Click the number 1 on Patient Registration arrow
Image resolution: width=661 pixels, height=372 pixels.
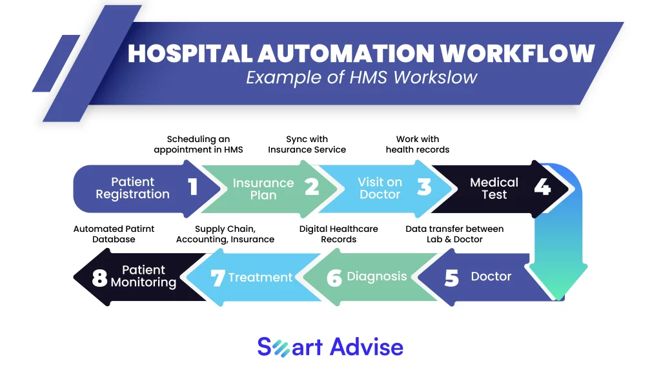pyautogui.click(x=193, y=187)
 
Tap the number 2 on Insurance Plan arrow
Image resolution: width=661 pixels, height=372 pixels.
pyautogui.click(x=312, y=187)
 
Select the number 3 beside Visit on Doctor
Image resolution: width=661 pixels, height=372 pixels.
pyautogui.click(x=424, y=187)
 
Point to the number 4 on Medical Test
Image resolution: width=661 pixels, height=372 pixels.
pyautogui.click(x=542, y=187)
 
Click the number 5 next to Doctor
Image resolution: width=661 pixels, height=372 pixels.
pyautogui.click(x=451, y=278)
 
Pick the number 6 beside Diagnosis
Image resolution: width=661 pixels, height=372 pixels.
pyautogui.click(x=334, y=278)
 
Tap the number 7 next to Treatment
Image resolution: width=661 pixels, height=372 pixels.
pyautogui.click(x=218, y=278)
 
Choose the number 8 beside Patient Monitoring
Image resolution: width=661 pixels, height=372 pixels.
pyautogui.click(x=99, y=278)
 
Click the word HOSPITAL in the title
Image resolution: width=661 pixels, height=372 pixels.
pyautogui.click(x=190, y=54)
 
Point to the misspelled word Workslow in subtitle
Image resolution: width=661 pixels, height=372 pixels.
pyautogui.click(x=435, y=77)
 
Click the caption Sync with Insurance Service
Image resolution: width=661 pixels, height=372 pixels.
pyautogui.click(x=307, y=144)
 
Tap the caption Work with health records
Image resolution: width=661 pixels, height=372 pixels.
pyautogui.click(x=418, y=144)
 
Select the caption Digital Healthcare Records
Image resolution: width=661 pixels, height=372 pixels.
pyautogui.click(x=338, y=234)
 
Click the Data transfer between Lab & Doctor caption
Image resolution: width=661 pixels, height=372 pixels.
pyautogui.click(x=454, y=234)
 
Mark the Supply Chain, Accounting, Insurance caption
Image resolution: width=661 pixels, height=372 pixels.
pyautogui.click(x=225, y=234)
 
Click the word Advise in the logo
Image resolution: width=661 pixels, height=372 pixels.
pyautogui.click(x=367, y=347)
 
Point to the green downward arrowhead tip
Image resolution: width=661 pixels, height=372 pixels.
pyautogui.click(x=558, y=298)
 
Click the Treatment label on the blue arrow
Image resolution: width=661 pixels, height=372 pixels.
pyautogui.click(x=260, y=277)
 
